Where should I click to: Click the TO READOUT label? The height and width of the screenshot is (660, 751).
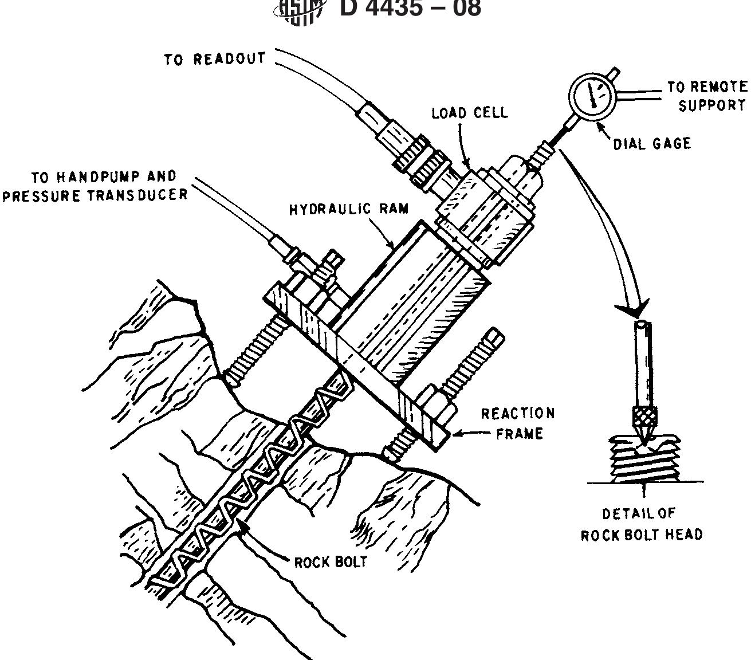tap(215, 59)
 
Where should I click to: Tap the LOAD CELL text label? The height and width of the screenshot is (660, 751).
tap(469, 112)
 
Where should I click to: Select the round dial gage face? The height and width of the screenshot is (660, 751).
tap(592, 96)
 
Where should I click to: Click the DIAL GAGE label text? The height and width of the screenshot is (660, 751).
tap(652, 143)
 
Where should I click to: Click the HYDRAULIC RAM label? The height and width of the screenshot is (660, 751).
tap(349, 209)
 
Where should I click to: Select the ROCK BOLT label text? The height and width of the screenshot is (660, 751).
tap(330, 561)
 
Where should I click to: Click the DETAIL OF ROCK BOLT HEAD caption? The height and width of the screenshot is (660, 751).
tap(642, 524)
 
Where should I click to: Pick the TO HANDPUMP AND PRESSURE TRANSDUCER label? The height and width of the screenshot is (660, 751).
tap(95, 186)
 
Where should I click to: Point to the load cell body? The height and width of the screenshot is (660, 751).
tap(487, 215)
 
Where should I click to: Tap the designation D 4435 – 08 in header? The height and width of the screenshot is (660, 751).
tap(410, 9)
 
